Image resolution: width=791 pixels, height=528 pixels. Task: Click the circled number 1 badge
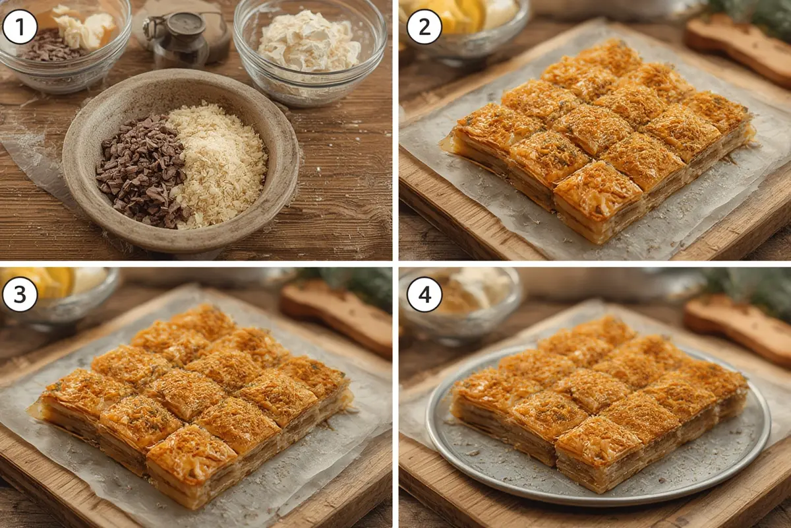click(x=20, y=27)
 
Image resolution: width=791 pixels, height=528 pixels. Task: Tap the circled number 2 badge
click(x=424, y=27)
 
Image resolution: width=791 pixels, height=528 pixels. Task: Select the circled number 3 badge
click(x=20, y=294)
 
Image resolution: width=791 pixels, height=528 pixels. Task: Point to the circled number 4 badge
click(x=424, y=294)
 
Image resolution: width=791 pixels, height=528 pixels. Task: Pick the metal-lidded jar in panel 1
click(x=182, y=39)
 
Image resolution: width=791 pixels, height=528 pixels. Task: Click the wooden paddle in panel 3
click(x=337, y=318)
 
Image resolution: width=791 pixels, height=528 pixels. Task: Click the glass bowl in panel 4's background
click(x=461, y=306)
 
